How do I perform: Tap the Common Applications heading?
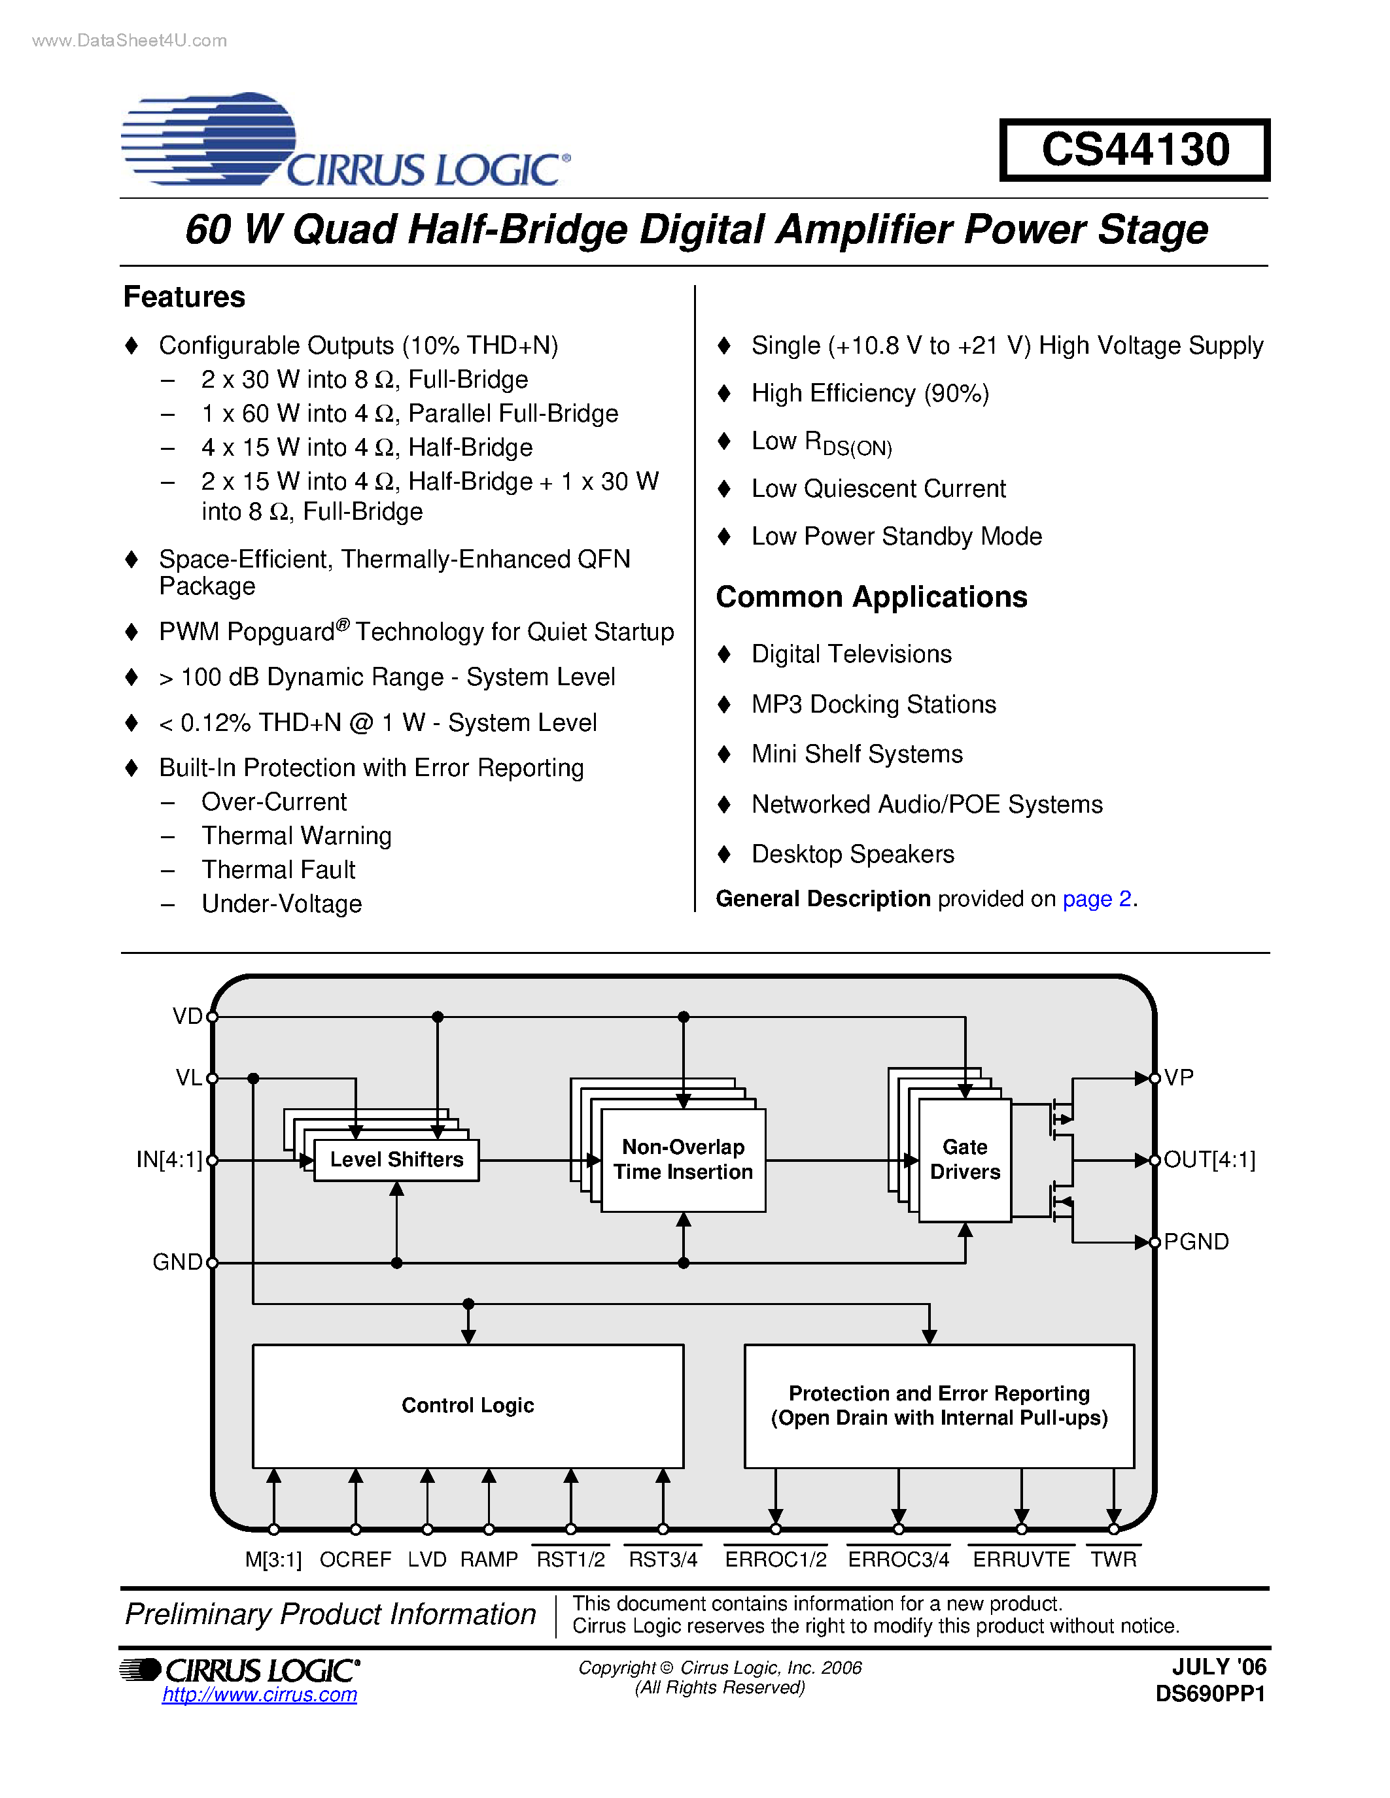(x=871, y=597)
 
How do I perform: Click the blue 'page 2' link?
(x=1097, y=899)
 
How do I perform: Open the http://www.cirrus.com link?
(x=260, y=1694)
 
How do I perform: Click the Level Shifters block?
(x=396, y=1160)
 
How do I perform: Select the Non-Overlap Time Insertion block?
(x=683, y=1160)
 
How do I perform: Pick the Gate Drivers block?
(x=964, y=1160)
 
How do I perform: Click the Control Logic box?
(x=468, y=1405)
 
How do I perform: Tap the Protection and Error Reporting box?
(x=939, y=1405)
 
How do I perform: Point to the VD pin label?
(x=187, y=1017)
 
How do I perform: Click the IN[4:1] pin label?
(x=169, y=1160)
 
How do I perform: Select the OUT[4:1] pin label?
(x=1209, y=1160)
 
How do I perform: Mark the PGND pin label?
(x=1196, y=1242)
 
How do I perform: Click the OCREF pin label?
(x=355, y=1559)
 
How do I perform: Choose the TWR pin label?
(x=1113, y=1559)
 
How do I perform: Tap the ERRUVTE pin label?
(x=1021, y=1559)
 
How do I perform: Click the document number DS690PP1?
(x=1209, y=1694)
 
